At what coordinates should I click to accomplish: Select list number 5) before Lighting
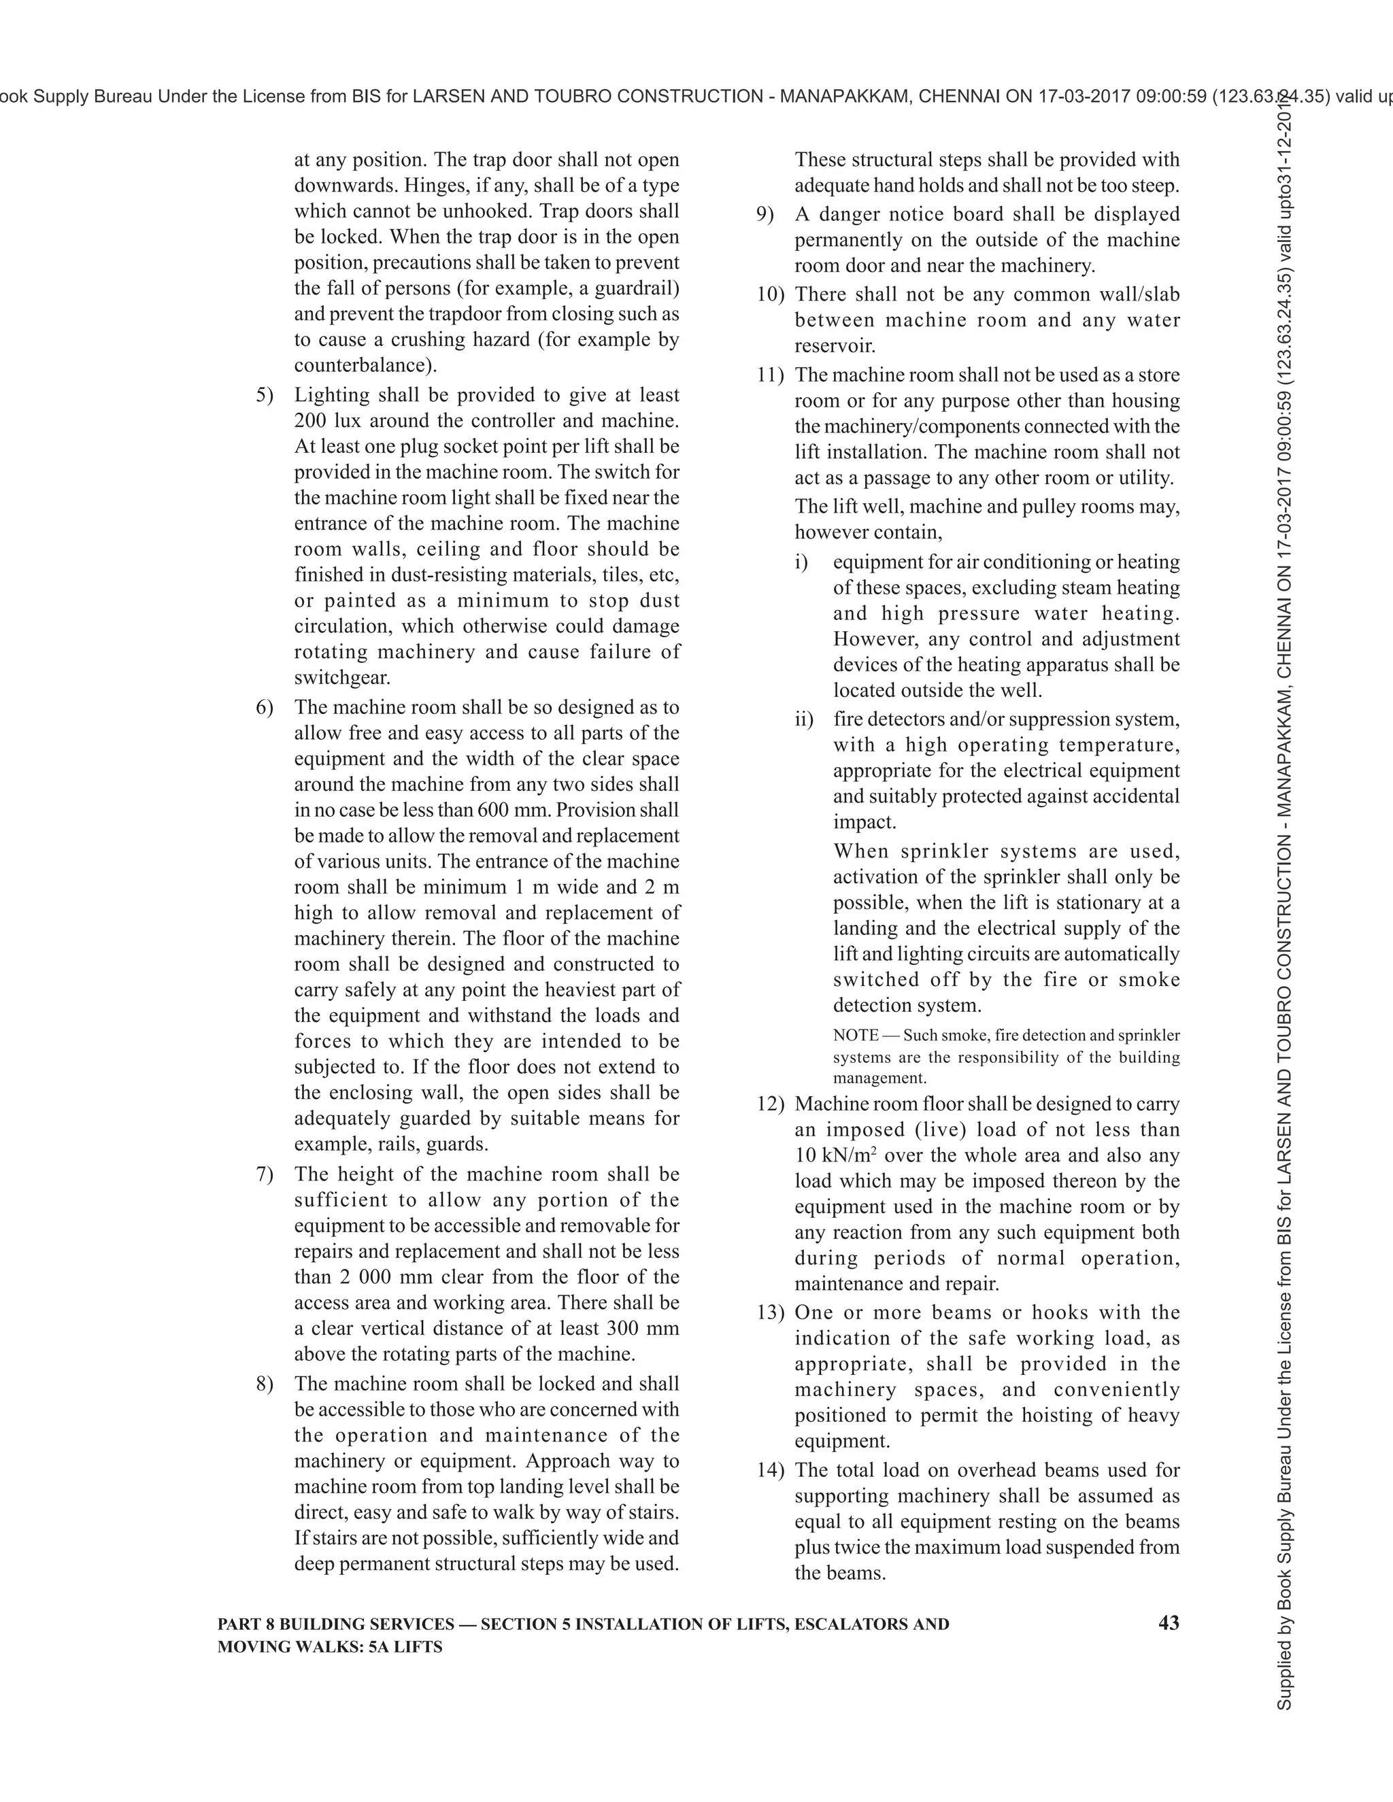(264, 394)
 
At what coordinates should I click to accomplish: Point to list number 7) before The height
(264, 1174)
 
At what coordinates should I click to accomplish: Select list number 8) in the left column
(264, 1384)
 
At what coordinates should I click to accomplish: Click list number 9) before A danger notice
(765, 214)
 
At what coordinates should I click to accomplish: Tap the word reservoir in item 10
(835, 345)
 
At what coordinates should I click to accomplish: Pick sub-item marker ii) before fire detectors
(804, 719)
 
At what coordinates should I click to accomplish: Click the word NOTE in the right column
(856, 1035)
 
